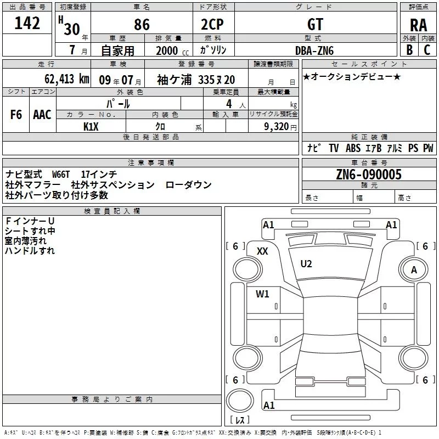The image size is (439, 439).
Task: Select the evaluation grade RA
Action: (418, 25)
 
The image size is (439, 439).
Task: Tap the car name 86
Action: (142, 25)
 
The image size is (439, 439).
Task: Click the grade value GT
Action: (316, 25)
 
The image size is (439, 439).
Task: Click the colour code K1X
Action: (91, 126)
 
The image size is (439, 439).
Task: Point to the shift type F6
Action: (16, 115)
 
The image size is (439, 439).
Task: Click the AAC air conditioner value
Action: (42, 115)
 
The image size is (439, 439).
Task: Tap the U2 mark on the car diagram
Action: (306, 264)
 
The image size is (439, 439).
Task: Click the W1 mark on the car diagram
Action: (263, 294)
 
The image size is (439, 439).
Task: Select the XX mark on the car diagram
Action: (262, 251)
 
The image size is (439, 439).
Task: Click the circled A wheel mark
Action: (414, 269)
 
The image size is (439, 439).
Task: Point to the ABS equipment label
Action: (353, 148)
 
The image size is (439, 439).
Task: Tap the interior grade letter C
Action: (427, 50)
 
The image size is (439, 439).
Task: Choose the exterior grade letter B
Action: (409, 50)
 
